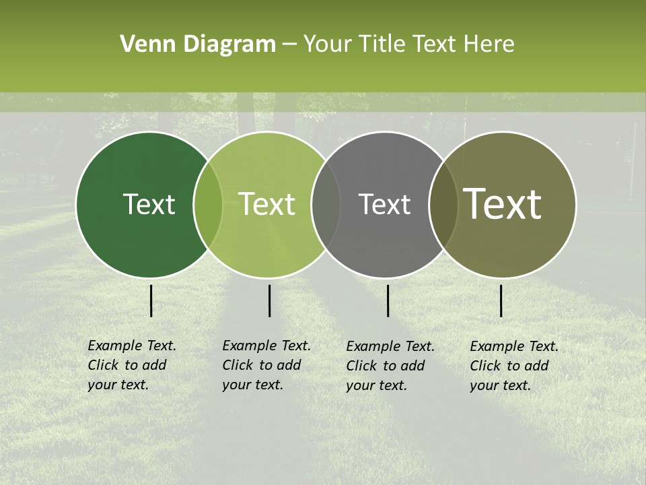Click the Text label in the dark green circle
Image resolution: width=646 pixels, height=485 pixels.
click(x=149, y=204)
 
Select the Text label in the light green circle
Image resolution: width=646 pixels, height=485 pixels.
click(x=267, y=204)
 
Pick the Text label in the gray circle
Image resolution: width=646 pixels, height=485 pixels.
click(x=385, y=204)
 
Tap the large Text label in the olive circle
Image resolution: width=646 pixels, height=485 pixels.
click(x=503, y=204)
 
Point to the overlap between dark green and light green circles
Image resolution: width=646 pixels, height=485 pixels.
click(x=208, y=204)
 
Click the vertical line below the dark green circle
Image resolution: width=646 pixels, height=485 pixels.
click(x=151, y=300)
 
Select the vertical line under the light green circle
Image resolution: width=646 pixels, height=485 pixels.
click(x=270, y=300)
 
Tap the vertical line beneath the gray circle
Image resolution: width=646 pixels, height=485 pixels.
click(x=388, y=300)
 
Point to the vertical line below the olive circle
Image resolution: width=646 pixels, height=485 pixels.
click(x=501, y=300)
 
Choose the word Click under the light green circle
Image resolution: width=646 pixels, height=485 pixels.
click(x=238, y=365)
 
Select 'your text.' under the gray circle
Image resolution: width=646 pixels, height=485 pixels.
click(x=377, y=385)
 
